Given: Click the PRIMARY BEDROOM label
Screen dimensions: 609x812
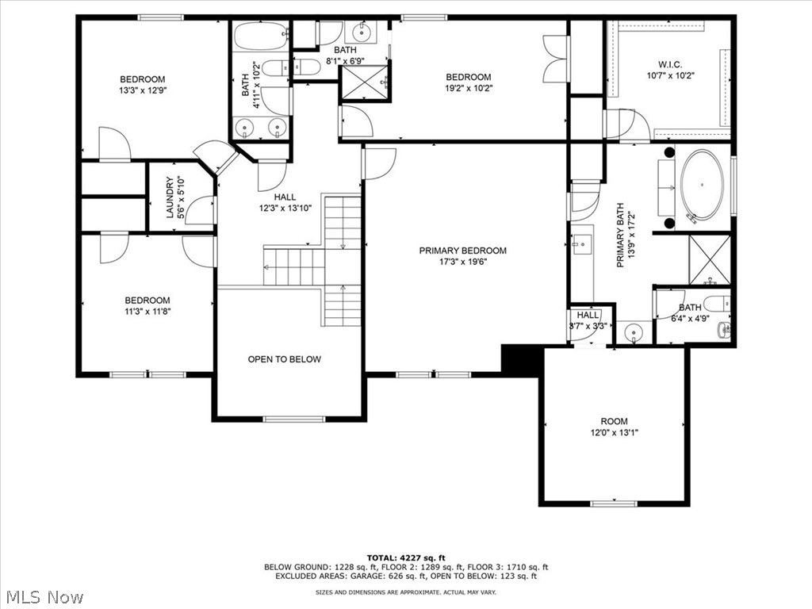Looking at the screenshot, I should tap(462, 251).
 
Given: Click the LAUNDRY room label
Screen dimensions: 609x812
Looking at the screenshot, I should tap(170, 197).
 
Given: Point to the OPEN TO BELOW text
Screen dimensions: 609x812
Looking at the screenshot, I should tap(285, 359).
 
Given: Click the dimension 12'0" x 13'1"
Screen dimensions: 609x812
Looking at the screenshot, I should tap(614, 433).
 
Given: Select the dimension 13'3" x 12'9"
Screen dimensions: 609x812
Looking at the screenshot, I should tap(143, 90).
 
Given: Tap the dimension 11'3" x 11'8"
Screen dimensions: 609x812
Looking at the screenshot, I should tap(147, 312).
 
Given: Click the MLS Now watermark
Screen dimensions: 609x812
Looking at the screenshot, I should tap(44, 596).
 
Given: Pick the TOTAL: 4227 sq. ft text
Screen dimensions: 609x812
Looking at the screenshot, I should tap(406, 557).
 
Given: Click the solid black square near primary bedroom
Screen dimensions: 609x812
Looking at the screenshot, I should tap(519, 359).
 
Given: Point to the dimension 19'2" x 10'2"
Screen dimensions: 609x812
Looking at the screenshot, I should tap(468, 88).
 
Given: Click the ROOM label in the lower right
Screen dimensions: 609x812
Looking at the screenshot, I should tap(614, 421).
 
